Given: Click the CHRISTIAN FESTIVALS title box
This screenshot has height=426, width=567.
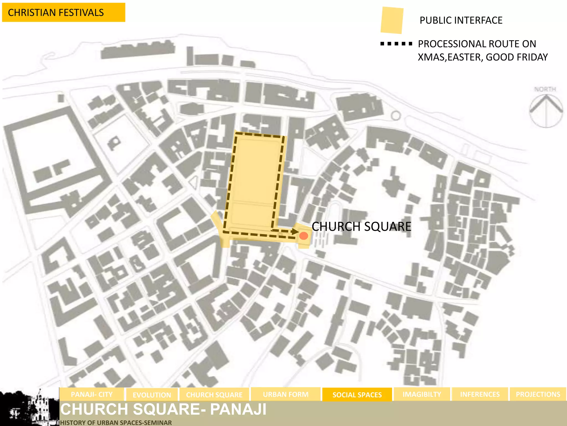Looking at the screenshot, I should pos(63,12).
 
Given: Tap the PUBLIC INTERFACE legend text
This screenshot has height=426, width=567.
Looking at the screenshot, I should pos(461,20).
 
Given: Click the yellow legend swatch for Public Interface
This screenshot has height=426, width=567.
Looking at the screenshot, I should pos(392,21).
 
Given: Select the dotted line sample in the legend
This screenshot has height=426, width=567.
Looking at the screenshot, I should pos(396,44).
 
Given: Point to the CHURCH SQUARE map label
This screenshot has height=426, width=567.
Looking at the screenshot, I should pos(361,226).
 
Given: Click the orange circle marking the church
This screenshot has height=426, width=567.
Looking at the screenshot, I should pos(304,236).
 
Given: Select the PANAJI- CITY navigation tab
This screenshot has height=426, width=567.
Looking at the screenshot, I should pos(92,394).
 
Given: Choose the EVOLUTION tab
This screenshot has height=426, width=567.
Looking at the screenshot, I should pos(152,395).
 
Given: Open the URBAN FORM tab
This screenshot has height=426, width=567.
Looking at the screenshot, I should pos(285,394).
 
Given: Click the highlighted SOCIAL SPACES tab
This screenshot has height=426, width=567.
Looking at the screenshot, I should pos(357,395).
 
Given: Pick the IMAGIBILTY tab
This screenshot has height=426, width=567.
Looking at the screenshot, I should pos(422,394).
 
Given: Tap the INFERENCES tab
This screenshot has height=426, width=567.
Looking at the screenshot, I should pos(480,394).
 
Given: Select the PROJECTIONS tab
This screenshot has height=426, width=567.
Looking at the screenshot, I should pos(538,394).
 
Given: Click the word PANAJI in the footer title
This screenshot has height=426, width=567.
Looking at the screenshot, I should pos(238,409).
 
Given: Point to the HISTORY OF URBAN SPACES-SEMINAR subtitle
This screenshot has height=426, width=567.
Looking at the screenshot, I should pos(116,423).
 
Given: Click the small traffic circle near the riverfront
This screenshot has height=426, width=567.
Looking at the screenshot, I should pos(396,115).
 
